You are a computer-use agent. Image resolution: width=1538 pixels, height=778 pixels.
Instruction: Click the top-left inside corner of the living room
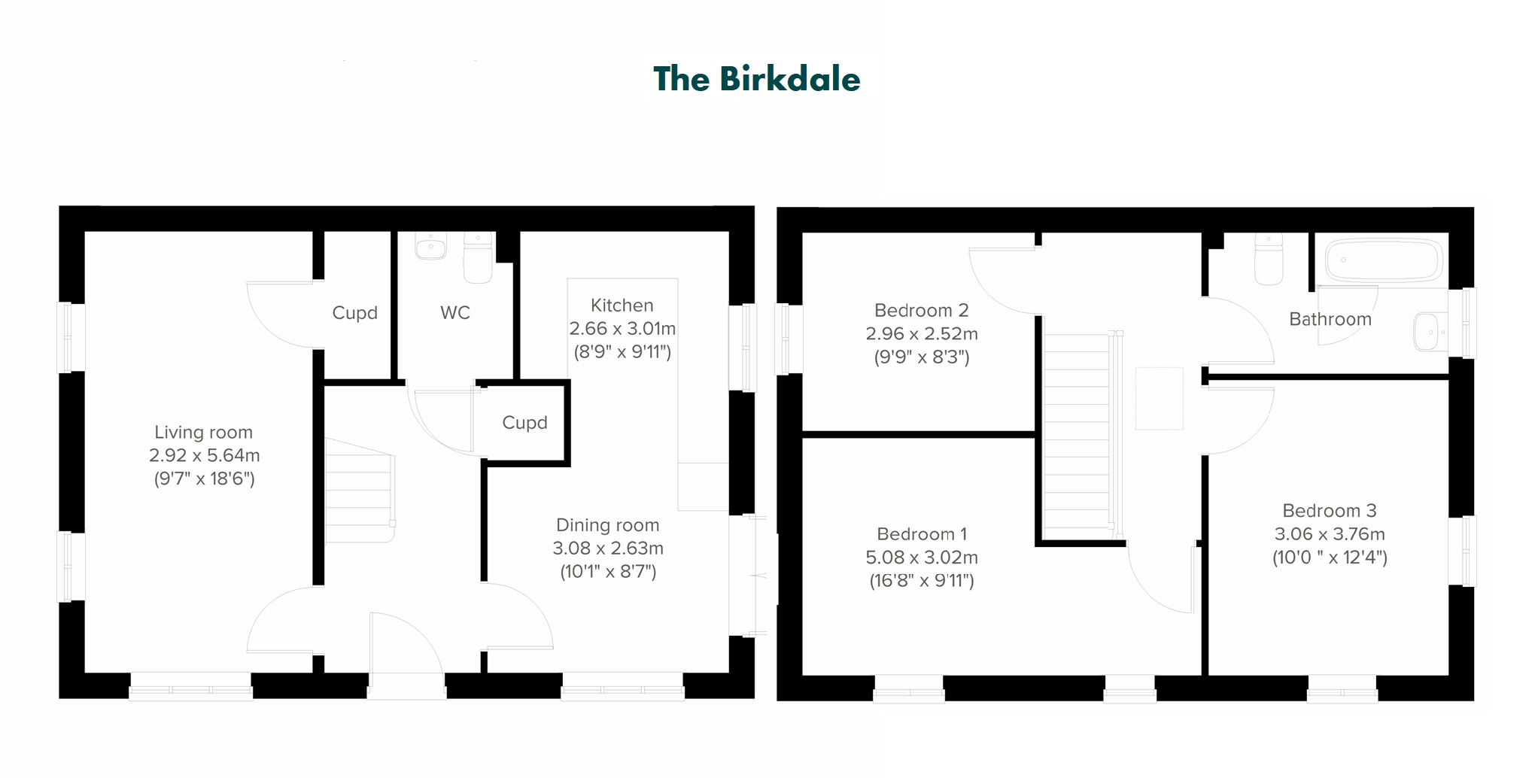click(x=85, y=232)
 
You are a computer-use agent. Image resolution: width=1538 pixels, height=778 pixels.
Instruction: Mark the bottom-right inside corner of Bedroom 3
click(x=1448, y=675)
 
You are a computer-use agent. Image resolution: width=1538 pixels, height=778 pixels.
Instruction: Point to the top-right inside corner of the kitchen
click(x=728, y=232)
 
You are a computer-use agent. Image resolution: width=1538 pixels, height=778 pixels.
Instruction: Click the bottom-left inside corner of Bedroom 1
click(x=803, y=675)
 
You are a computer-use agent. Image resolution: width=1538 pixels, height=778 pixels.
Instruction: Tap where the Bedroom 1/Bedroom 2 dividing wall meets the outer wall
click(x=803, y=434)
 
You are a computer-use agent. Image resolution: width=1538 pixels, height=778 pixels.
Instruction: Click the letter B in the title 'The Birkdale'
click(x=731, y=79)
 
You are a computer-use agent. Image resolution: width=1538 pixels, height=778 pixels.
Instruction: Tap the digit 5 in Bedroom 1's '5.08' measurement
click(x=871, y=558)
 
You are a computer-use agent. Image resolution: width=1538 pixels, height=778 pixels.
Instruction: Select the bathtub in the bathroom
click(x=1383, y=260)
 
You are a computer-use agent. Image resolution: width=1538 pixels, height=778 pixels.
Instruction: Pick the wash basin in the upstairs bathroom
click(x=1430, y=332)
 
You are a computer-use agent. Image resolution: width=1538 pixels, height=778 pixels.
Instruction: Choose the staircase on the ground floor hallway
click(x=360, y=491)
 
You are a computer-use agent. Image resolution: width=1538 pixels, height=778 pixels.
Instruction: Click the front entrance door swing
click(x=406, y=643)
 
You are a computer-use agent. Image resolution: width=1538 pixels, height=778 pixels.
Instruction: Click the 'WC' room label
click(x=455, y=313)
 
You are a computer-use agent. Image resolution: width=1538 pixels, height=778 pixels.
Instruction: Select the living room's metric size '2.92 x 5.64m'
click(x=205, y=455)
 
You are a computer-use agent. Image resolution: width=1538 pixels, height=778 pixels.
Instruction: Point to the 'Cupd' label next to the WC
click(x=355, y=313)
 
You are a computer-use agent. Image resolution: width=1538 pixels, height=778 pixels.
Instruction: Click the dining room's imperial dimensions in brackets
click(x=608, y=572)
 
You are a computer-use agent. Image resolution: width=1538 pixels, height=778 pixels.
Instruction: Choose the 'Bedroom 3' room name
click(x=1330, y=511)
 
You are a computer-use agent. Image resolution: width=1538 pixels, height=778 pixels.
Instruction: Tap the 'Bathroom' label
click(x=1330, y=319)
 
